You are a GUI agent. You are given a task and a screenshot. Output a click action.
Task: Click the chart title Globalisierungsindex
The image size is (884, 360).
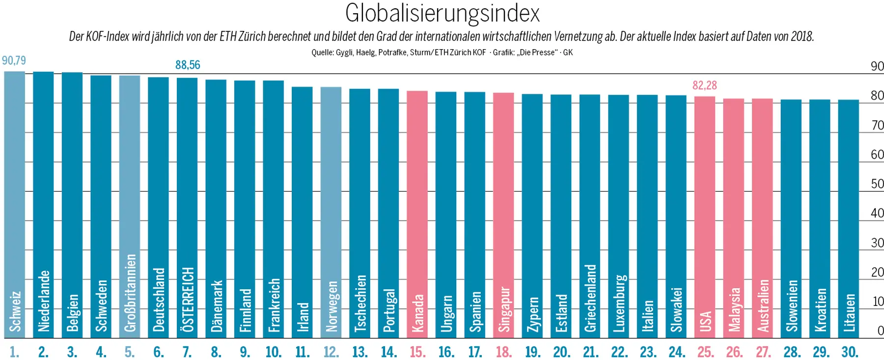point(442,13)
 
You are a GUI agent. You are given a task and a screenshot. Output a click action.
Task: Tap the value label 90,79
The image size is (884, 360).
point(14,60)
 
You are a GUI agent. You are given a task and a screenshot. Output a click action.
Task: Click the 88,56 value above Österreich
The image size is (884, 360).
point(188,65)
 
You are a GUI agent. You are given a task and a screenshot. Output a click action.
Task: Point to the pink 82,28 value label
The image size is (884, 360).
point(704,85)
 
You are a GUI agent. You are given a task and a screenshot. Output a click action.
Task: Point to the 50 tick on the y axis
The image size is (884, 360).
point(877,184)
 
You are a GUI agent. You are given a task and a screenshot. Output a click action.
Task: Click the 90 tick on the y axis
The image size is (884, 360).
point(877,66)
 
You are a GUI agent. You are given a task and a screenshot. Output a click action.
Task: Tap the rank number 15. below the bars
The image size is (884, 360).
point(417,352)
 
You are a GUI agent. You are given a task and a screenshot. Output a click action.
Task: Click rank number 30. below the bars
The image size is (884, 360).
point(850,352)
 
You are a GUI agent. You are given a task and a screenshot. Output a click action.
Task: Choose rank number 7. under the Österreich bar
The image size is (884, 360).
point(187,352)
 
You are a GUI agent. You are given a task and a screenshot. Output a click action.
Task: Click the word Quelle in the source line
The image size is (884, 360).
point(322,53)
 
